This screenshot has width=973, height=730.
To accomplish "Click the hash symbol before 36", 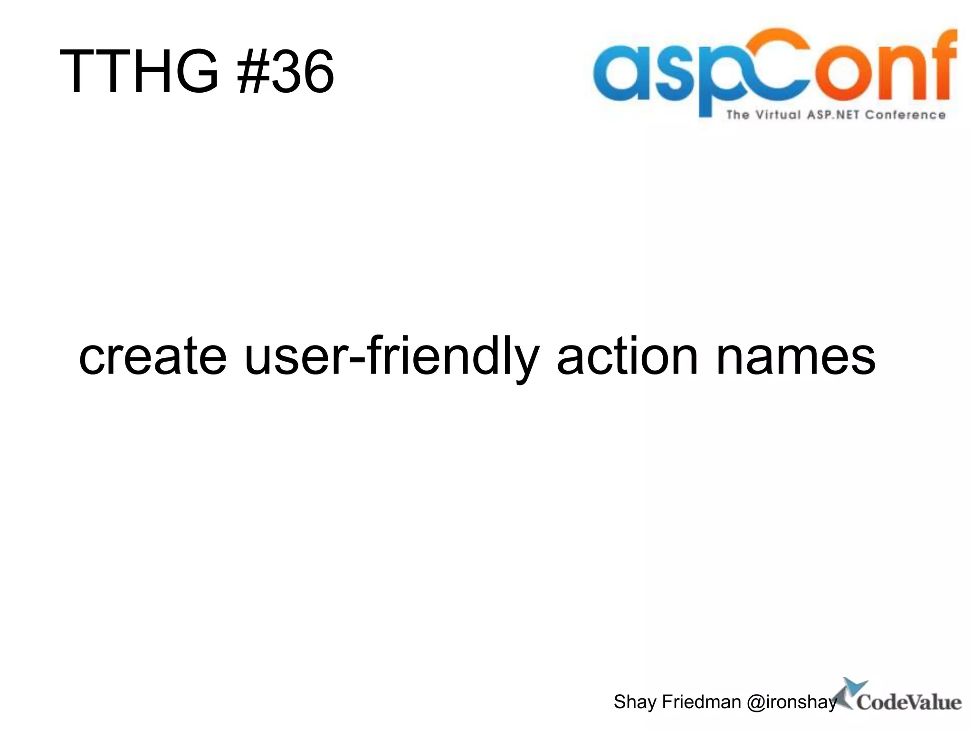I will click(253, 72).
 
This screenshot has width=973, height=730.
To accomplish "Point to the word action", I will click(628, 356).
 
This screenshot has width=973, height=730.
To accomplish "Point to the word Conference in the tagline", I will click(905, 115).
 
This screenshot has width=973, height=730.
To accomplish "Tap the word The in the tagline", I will click(738, 115).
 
